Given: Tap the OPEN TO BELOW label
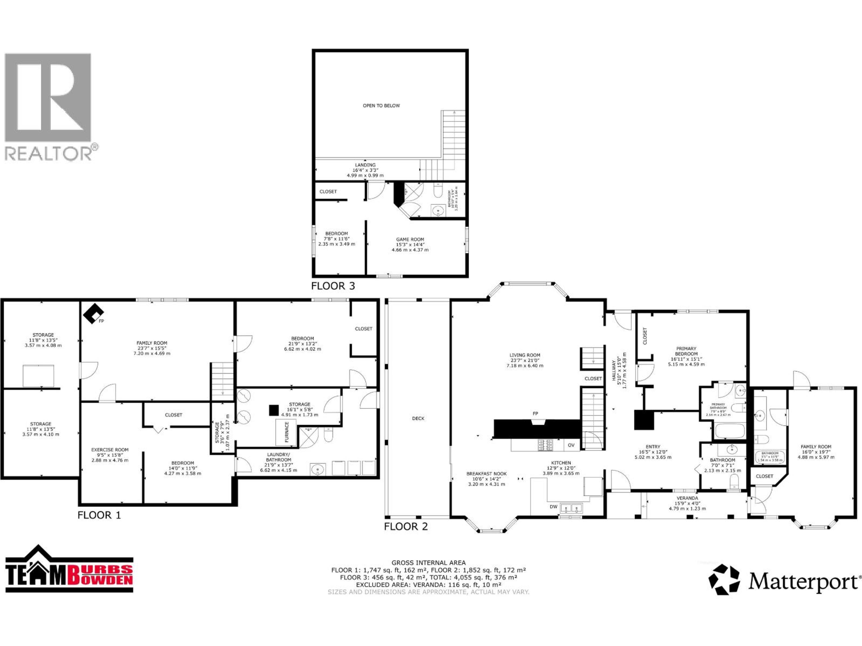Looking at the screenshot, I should [381, 105].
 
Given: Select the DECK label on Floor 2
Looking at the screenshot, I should [418, 419].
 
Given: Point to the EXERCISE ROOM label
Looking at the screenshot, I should [110, 450].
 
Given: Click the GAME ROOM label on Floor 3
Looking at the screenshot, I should [410, 240].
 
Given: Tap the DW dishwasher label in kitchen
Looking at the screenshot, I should [553, 507].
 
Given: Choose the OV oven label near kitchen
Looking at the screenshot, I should [571, 445].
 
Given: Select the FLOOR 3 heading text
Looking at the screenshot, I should [333, 286].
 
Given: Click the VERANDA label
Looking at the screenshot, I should [687, 498].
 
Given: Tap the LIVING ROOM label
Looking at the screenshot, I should [525, 355].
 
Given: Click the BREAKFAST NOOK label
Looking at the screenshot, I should [486, 474].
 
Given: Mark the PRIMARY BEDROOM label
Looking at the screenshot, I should [686, 351].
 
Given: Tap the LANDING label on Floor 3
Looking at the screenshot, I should [365, 165].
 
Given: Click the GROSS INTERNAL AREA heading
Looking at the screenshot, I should [428, 563].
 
